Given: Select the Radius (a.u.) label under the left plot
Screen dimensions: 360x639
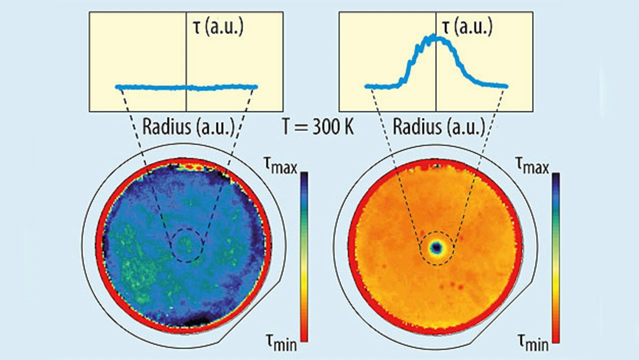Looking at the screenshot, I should (x=189, y=127).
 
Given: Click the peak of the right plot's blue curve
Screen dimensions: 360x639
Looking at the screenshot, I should (x=432, y=36).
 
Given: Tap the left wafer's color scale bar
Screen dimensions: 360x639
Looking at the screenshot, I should (x=304, y=257).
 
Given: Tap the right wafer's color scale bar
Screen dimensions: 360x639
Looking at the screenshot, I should (x=556, y=257).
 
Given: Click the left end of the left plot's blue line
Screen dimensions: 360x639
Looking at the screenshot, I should (x=117, y=87).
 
